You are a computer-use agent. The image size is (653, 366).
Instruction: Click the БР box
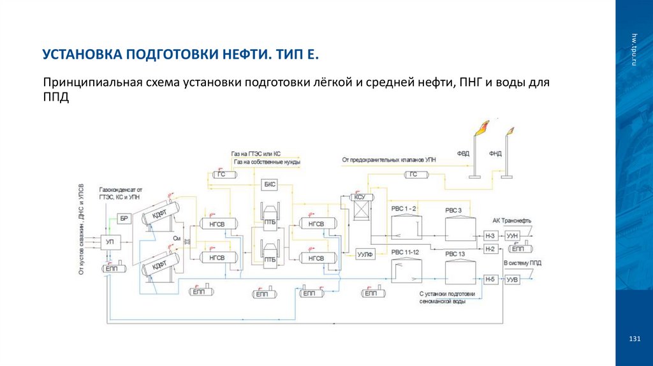(125, 219)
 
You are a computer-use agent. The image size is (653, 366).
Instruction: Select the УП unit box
(110, 242)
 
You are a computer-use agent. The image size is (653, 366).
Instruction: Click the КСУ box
(360, 198)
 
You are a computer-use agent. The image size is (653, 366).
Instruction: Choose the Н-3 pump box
(490, 237)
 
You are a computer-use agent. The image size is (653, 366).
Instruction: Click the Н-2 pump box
(490, 249)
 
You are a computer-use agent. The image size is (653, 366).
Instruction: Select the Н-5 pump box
(490, 280)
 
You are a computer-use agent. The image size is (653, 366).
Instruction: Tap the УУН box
(513, 237)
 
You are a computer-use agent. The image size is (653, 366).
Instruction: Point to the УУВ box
(513, 280)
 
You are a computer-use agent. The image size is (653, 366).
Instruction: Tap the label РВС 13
(454, 254)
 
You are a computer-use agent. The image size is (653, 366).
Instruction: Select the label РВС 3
(453, 210)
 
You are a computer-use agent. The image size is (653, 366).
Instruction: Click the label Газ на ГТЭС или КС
(256, 154)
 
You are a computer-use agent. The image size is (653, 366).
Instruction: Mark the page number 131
(634, 338)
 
